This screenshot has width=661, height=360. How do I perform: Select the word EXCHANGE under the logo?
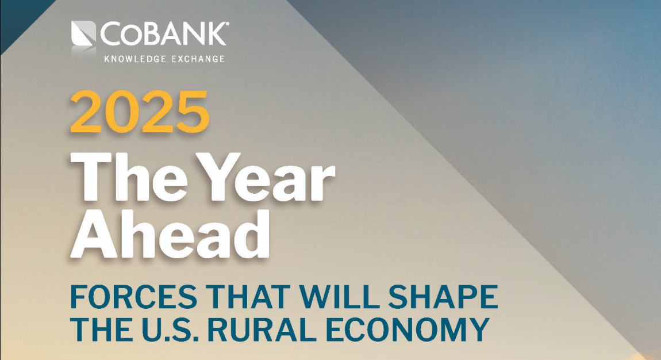tap(196, 59)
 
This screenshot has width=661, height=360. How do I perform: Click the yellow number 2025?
tap(140, 112)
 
